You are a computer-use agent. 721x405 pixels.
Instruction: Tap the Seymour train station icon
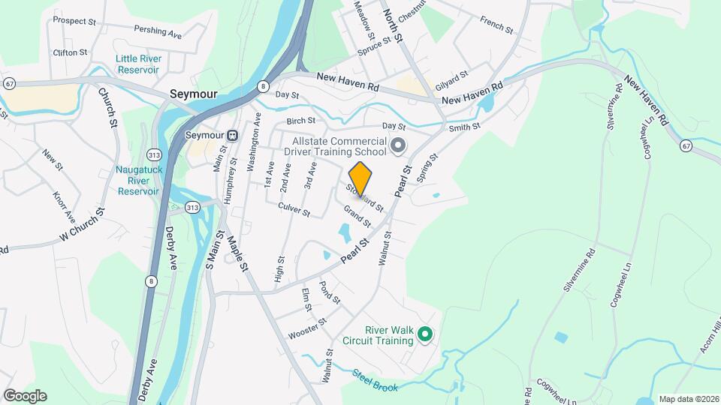click(x=234, y=136)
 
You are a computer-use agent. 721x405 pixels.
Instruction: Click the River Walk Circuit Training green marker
click(x=425, y=334)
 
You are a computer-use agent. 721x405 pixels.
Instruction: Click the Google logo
click(x=25, y=396)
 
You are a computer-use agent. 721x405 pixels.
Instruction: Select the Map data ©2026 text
click(x=688, y=399)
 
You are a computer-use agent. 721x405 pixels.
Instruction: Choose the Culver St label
click(x=294, y=208)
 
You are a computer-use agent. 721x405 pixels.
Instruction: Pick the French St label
click(x=496, y=25)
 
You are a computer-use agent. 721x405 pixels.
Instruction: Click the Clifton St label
click(x=70, y=53)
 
